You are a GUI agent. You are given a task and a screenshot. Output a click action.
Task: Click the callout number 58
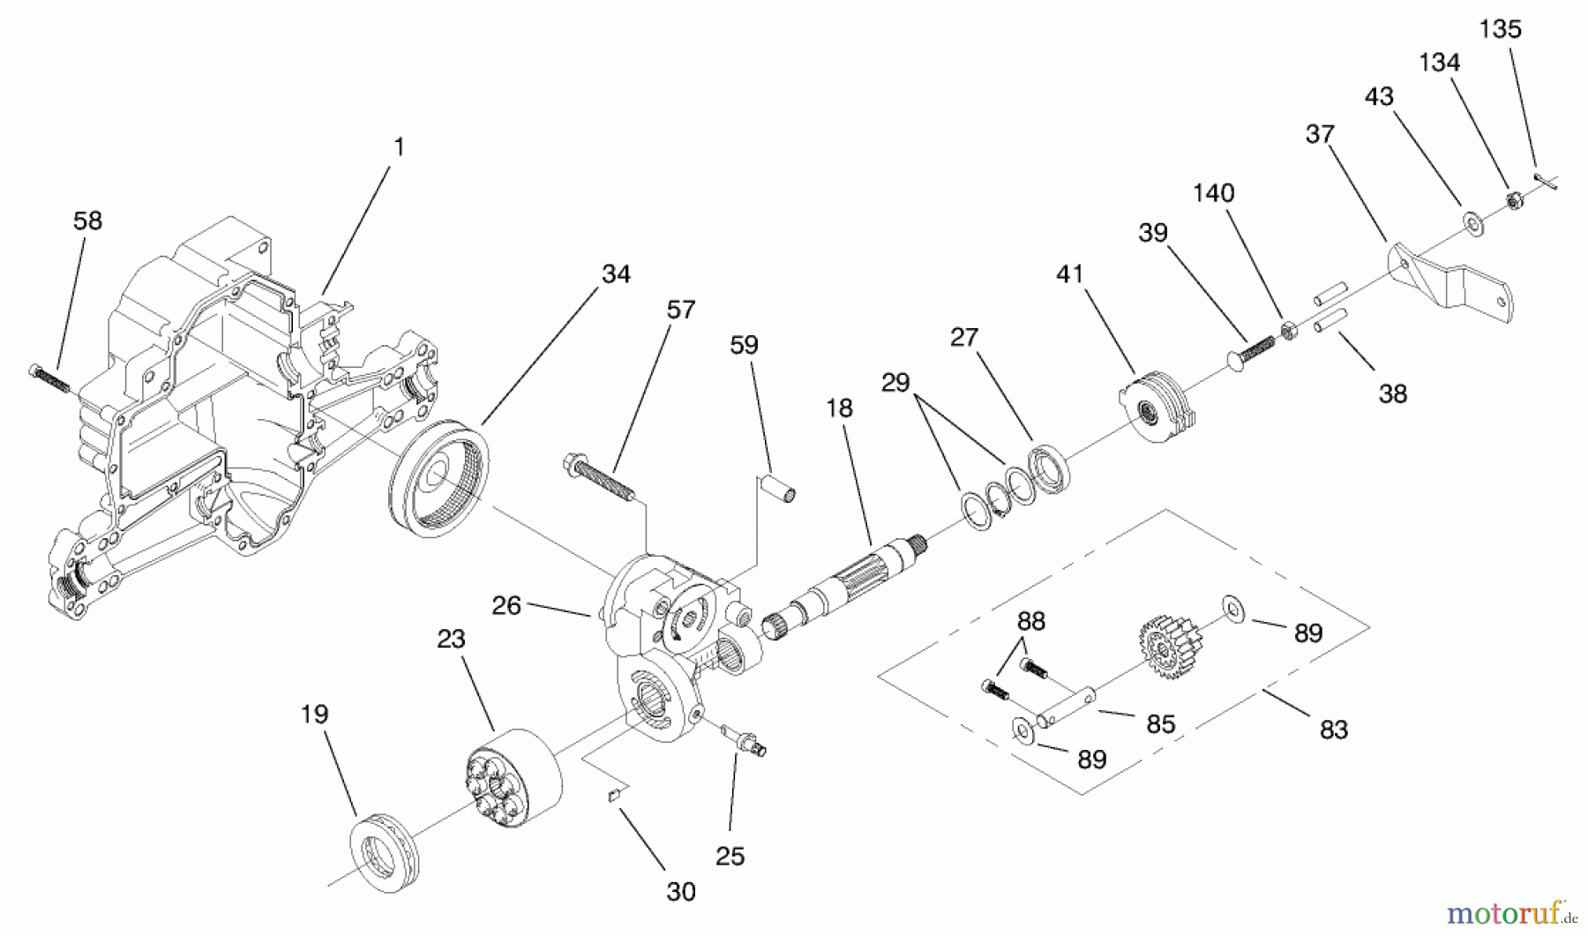tap(87, 221)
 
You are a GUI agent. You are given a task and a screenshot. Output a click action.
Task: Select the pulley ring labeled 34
tap(438, 482)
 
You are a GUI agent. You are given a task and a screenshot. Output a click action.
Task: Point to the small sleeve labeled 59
tap(780, 487)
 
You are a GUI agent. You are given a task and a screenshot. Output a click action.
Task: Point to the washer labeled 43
tap(1473, 224)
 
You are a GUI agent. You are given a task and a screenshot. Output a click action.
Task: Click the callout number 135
tap(1500, 30)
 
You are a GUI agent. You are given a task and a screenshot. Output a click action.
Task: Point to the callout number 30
tap(680, 892)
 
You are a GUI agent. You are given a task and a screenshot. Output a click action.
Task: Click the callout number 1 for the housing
tap(399, 146)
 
